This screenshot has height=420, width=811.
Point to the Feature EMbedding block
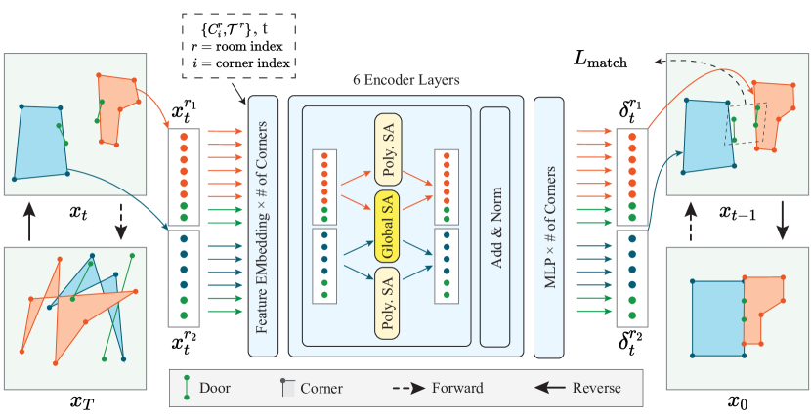tap(263, 227)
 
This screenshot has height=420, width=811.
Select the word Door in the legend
tap(214, 388)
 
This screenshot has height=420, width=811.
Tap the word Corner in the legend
tap(321, 388)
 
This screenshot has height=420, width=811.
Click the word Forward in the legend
tap(457, 388)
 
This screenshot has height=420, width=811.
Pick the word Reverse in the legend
tap(597, 388)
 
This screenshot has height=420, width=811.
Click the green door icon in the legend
tap(186, 388)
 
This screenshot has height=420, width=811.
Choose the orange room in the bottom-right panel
tap(766, 309)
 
